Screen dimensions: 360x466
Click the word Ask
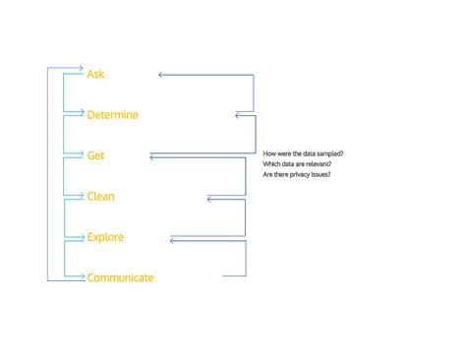pos(95,74)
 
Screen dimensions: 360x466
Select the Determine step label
pos(112,115)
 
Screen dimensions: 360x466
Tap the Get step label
pos(95,155)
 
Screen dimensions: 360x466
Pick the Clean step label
pos(100,197)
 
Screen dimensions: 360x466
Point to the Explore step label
pos(105,237)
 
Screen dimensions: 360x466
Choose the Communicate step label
pos(120,277)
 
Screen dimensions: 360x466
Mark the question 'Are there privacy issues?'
pos(296,174)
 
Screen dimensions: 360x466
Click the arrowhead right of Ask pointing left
pos(161,74)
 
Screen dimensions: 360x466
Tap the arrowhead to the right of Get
pos(152,155)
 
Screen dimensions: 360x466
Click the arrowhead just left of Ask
pos(82,68)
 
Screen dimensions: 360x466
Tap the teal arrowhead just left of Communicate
pos(82,278)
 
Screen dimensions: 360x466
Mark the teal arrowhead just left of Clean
pos(82,197)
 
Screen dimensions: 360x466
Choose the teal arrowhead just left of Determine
pos(82,115)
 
